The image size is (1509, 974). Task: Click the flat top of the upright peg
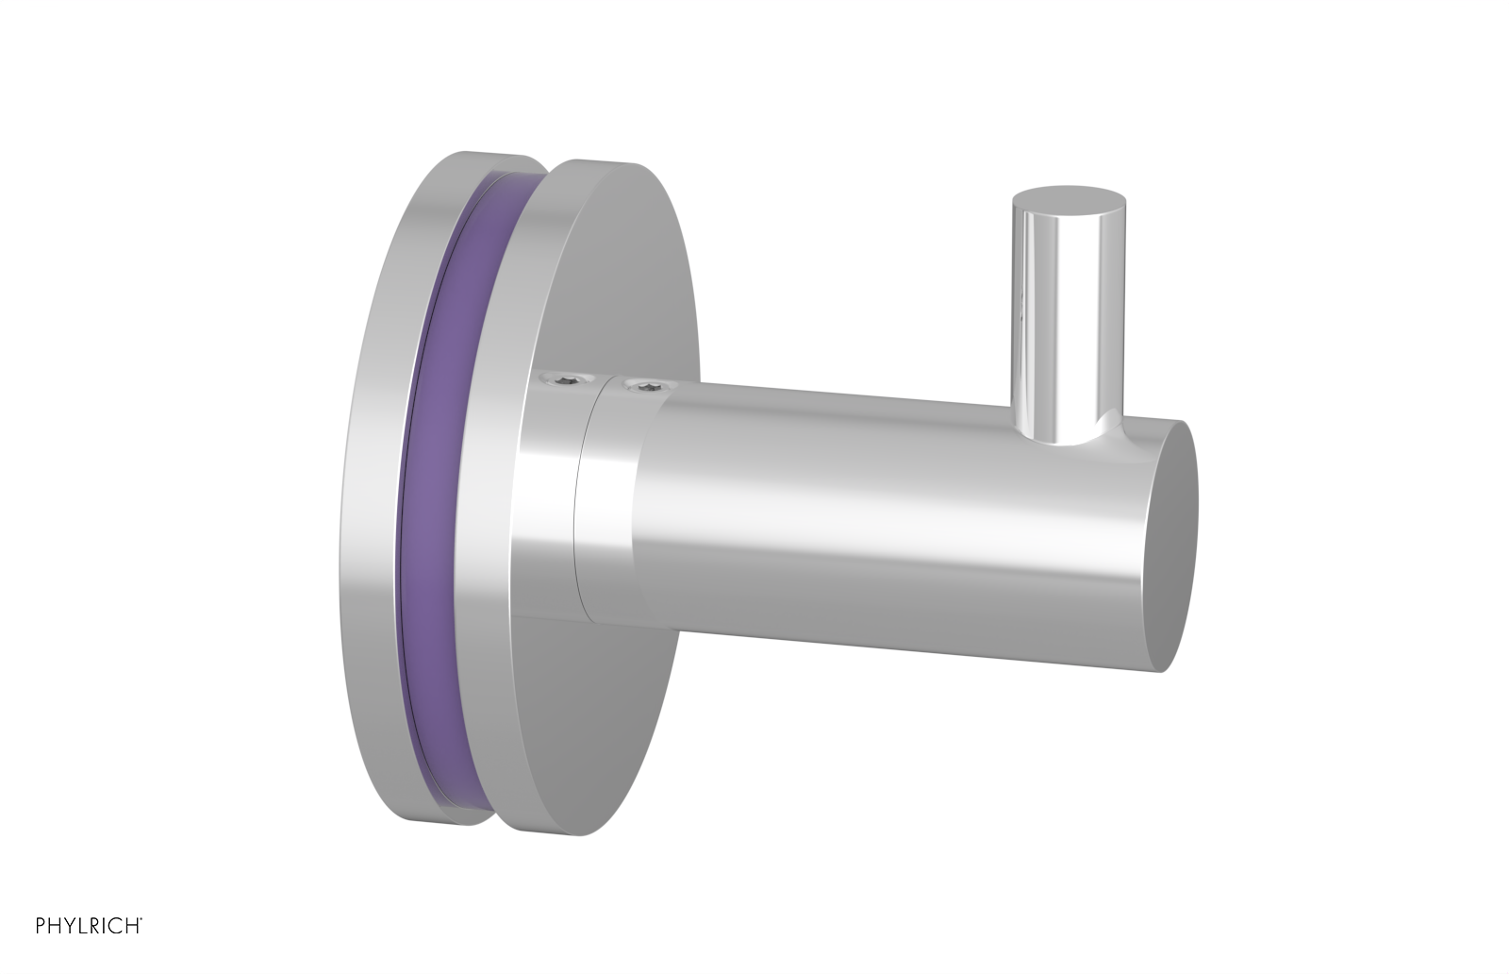click(1069, 200)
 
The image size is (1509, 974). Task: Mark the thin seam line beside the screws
click(582, 500)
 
